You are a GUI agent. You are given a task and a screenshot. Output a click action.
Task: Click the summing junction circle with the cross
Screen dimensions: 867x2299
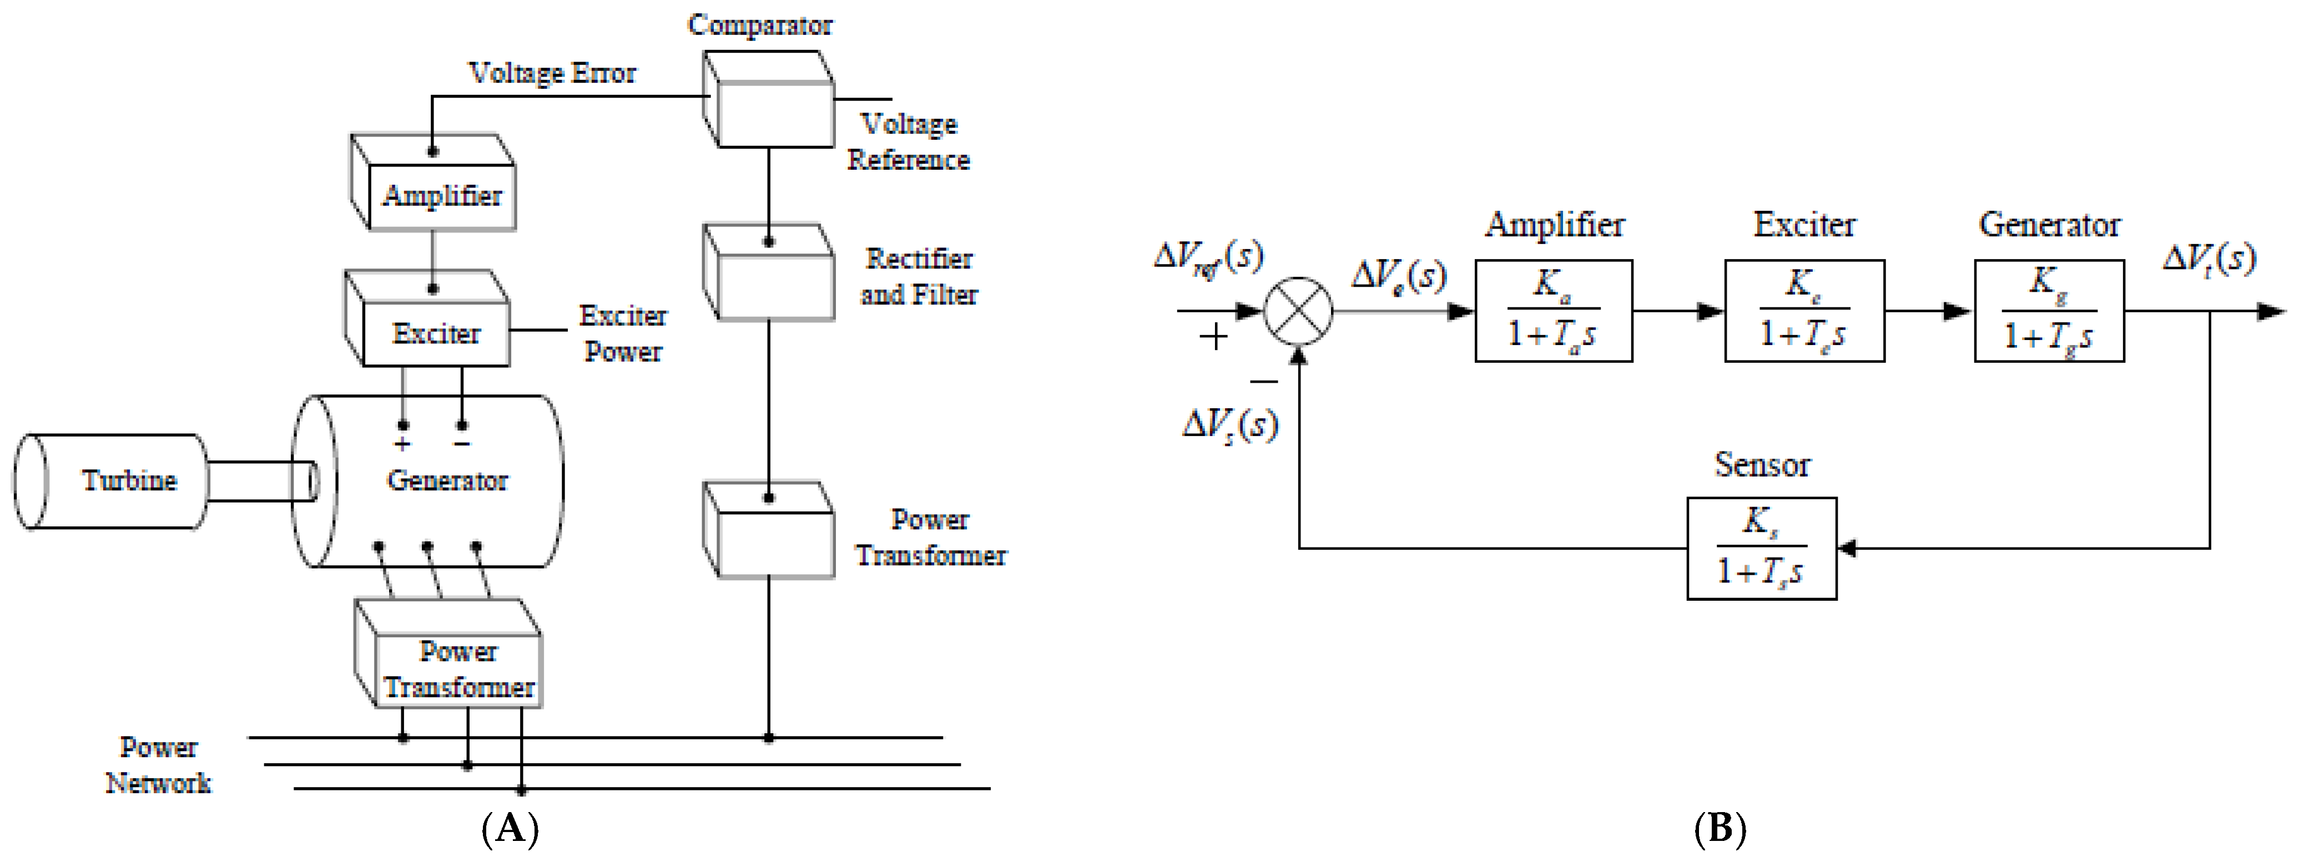tap(1299, 311)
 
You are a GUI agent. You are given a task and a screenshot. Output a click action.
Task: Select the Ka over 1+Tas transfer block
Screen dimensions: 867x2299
tap(1553, 311)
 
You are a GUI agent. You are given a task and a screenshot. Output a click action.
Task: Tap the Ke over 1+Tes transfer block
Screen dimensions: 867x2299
tap(1804, 311)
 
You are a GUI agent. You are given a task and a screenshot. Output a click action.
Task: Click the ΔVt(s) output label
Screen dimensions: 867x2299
tap(2209, 258)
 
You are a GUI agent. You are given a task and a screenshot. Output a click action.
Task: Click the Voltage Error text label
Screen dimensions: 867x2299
tap(552, 73)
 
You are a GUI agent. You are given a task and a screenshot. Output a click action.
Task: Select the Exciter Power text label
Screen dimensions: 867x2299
tap(623, 333)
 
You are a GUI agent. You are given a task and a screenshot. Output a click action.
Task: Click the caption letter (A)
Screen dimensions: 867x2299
tap(510, 829)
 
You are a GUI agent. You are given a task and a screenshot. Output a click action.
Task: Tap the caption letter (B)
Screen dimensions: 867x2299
tap(1719, 829)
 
